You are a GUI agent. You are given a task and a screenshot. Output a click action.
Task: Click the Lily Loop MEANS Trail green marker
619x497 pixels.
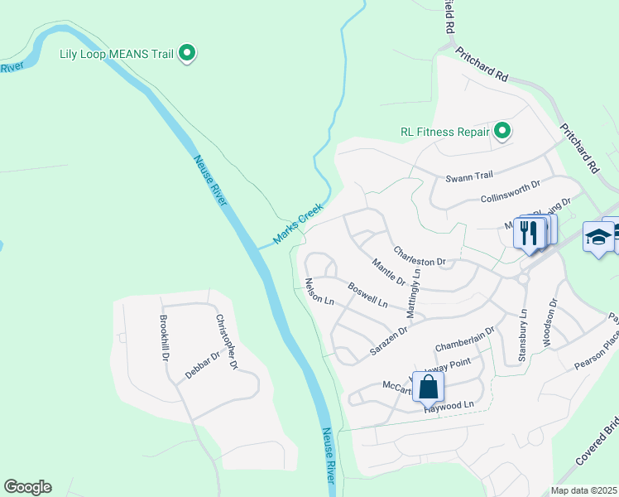[187, 55]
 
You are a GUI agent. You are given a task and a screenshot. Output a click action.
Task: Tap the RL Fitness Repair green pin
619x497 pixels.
[501, 131]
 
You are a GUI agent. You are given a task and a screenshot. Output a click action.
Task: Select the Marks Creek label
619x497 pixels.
[297, 224]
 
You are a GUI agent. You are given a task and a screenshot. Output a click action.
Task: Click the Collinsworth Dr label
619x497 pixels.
[510, 193]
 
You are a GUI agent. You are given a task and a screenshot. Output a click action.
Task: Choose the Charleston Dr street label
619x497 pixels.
[419, 255]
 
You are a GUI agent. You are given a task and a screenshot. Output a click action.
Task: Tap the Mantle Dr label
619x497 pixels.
[388, 273]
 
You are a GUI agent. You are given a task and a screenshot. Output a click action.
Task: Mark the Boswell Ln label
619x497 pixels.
[367, 296]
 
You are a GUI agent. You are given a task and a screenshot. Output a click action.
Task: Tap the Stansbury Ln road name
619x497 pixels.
[521, 335]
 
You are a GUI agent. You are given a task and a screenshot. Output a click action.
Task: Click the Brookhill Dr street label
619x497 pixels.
[164, 338]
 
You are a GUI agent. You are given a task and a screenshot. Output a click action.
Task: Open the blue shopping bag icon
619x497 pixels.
[429, 386]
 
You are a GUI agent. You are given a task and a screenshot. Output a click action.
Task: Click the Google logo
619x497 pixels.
[27, 487]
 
